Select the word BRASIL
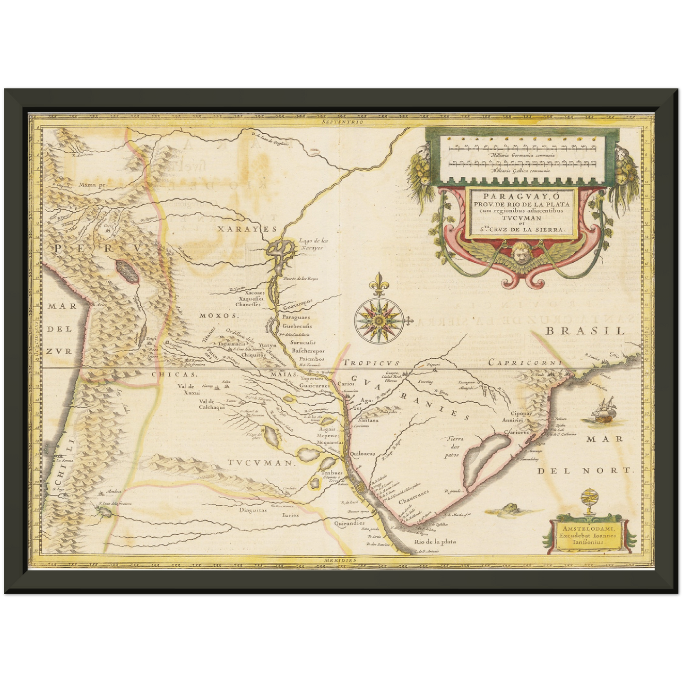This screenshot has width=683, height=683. click(x=585, y=331)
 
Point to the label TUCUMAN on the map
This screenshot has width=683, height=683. click(x=260, y=463)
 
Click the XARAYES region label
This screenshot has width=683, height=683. click(x=240, y=229)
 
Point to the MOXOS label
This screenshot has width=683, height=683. click(x=217, y=315)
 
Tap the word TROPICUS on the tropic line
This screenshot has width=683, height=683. click(x=372, y=363)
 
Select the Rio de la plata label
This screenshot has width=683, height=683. click(x=435, y=542)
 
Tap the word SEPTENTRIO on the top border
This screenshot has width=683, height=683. click(x=341, y=121)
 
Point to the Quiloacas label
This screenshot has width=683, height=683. click(x=363, y=453)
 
